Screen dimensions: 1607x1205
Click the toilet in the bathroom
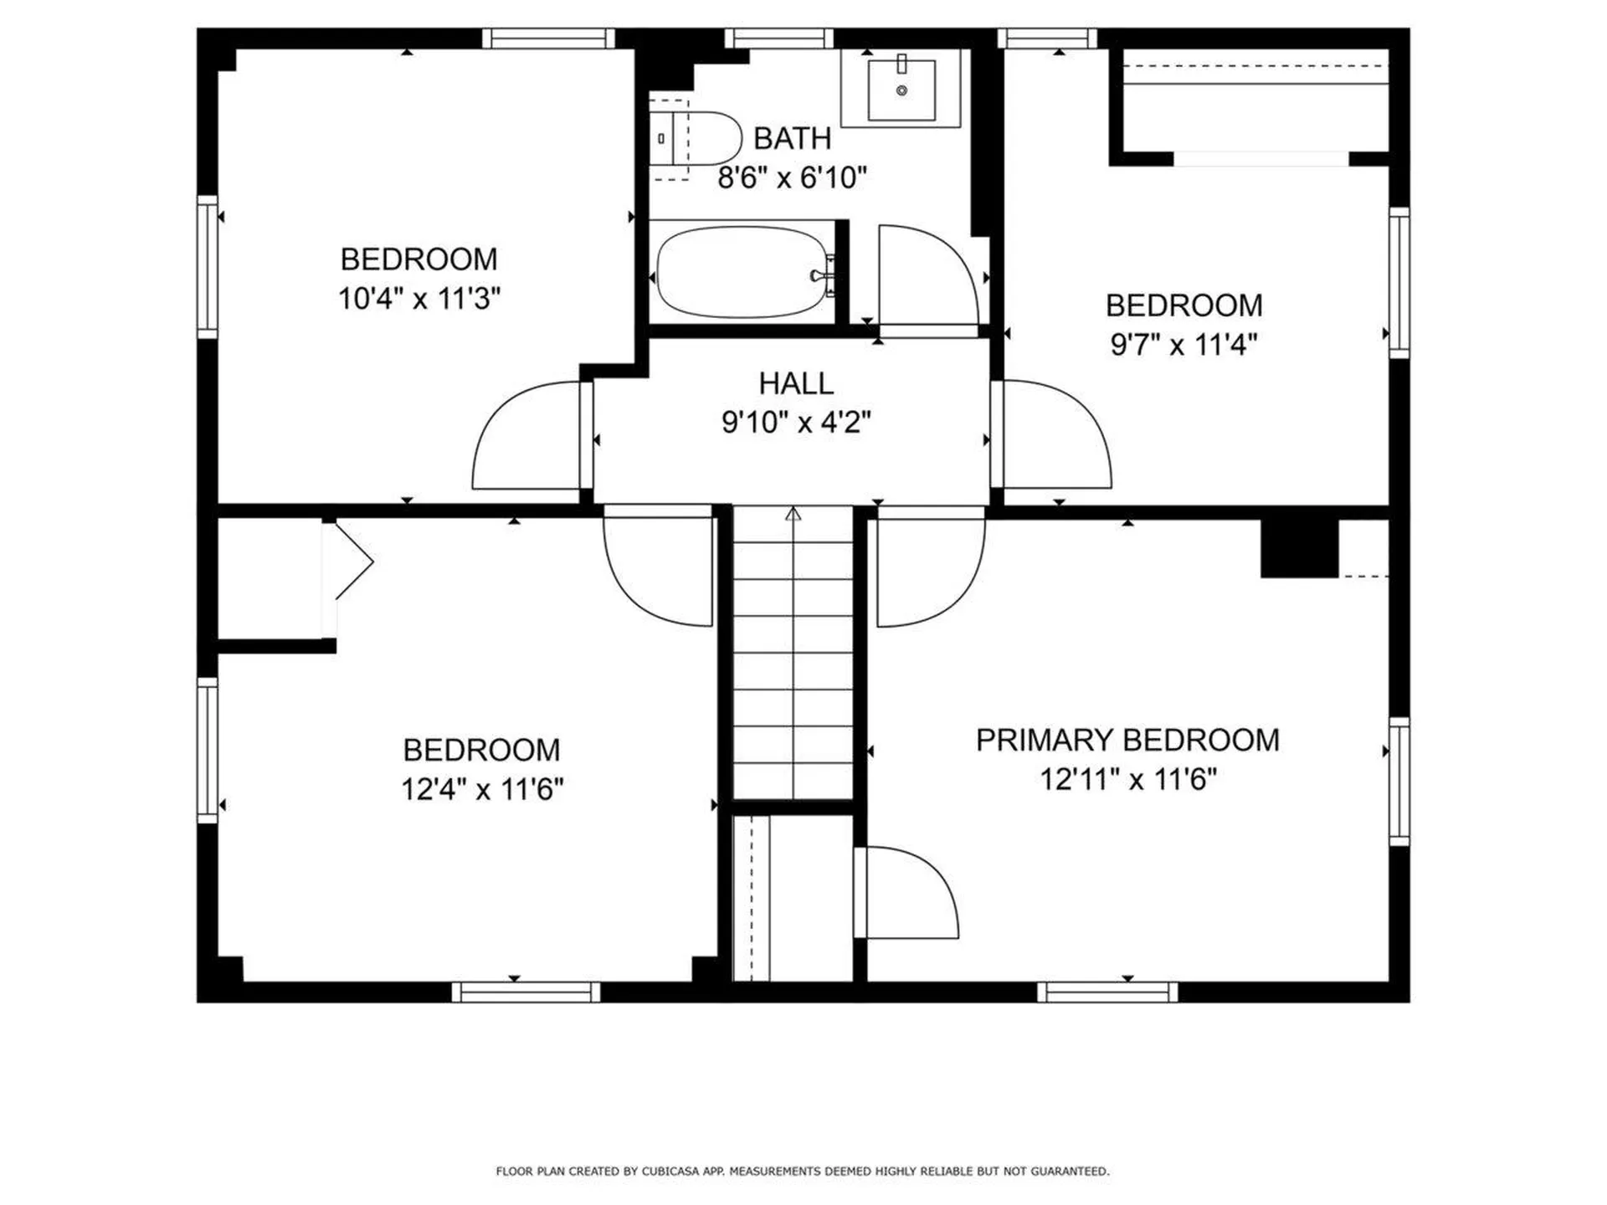[696, 139]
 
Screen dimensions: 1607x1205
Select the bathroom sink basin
[901, 90]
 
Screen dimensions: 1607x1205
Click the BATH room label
[792, 138]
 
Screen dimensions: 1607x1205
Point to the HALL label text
[796, 383]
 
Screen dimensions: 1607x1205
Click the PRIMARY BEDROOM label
[1127, 740]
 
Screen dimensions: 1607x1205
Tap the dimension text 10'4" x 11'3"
[419, 298]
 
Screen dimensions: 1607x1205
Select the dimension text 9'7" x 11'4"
[1183, 344]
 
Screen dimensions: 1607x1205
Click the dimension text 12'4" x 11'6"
[482, 789]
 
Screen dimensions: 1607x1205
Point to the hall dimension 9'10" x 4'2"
[796, 423]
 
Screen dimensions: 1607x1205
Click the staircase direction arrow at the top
[793, 514]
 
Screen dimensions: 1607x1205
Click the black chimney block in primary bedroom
[1299, 548]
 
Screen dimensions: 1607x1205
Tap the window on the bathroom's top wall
[778, 38]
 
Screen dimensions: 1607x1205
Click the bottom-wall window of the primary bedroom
[1107, 992]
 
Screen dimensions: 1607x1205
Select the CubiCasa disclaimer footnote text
[803, 1171]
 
